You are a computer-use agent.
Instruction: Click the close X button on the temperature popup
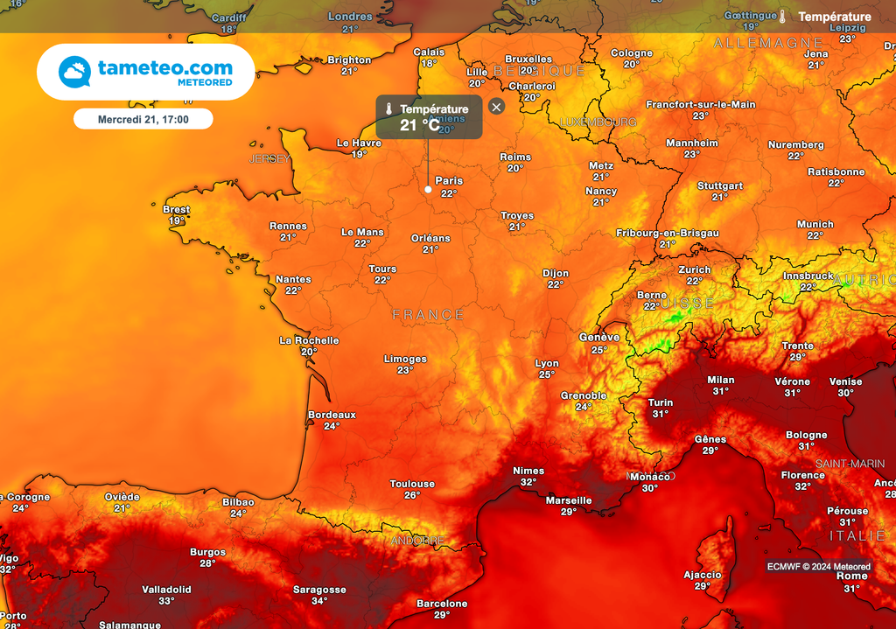point(497,107)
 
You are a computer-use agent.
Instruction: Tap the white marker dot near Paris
point(428,189)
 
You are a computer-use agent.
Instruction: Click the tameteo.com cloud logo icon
point(74,72)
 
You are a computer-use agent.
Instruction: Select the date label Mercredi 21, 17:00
point(143,118)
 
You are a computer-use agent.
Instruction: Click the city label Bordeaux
point(332,415)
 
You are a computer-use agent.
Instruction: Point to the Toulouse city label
point(412,484)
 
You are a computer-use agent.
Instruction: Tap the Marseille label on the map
point(569,500)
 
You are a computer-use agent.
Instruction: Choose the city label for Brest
point(176,209)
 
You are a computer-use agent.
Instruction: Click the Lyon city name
point(547,363)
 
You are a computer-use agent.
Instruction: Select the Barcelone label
point(442,604)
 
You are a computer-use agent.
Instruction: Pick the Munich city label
point(815,224)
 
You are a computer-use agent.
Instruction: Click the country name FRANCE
point(429,314)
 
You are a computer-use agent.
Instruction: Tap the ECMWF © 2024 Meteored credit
point(819,567)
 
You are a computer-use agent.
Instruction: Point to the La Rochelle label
point(309,340)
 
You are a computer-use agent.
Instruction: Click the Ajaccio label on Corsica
point(703,575)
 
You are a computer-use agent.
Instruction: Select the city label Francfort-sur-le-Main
point(701,104)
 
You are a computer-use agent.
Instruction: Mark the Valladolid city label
point(166,590)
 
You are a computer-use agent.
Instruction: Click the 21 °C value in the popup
point(420,125)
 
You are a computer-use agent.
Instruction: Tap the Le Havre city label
point(359,143)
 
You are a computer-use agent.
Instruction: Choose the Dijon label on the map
point(556,273)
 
